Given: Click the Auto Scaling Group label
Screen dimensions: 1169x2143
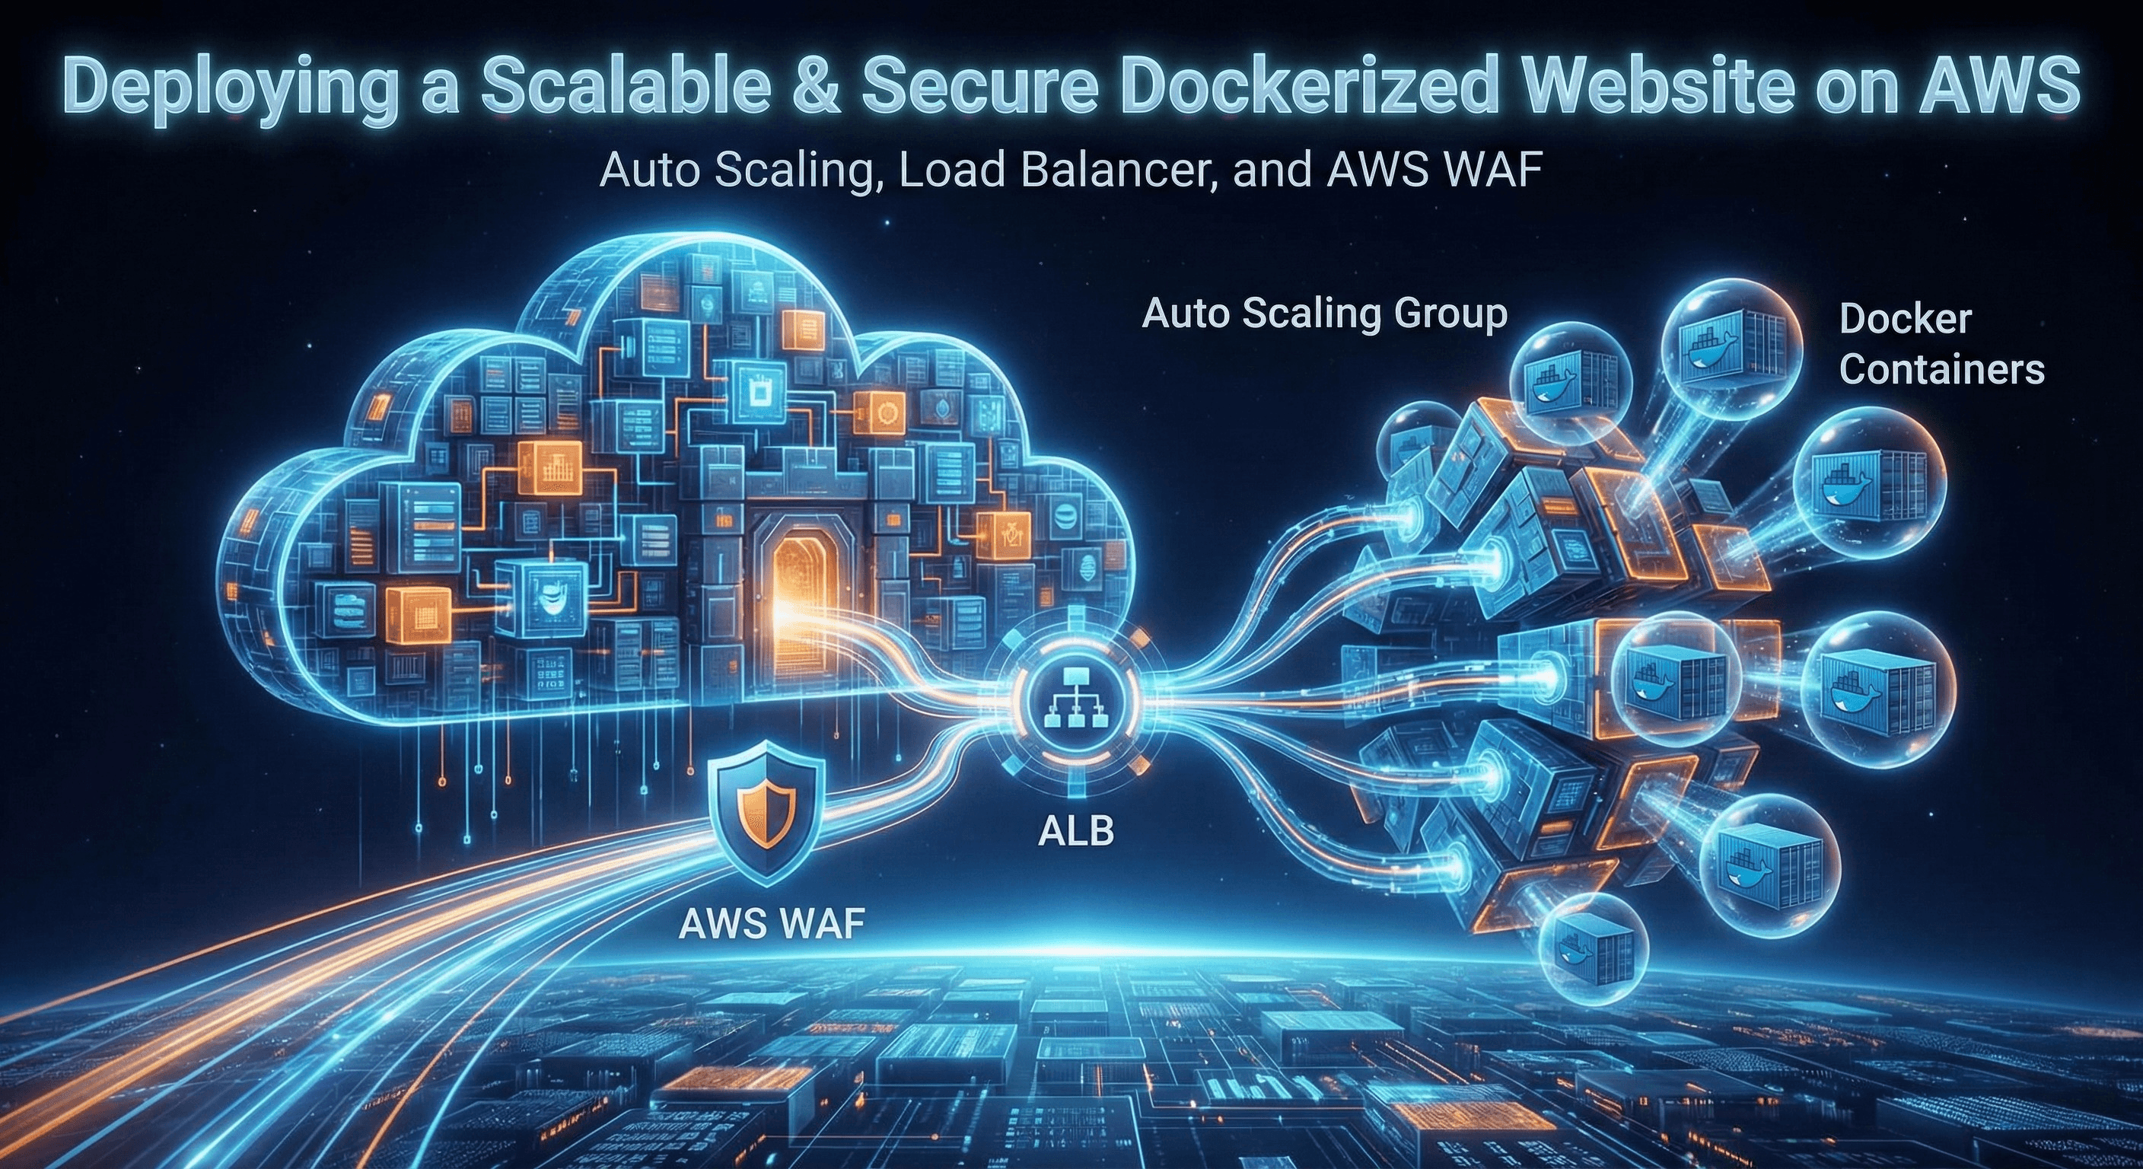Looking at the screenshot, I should tap(1324, 314).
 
